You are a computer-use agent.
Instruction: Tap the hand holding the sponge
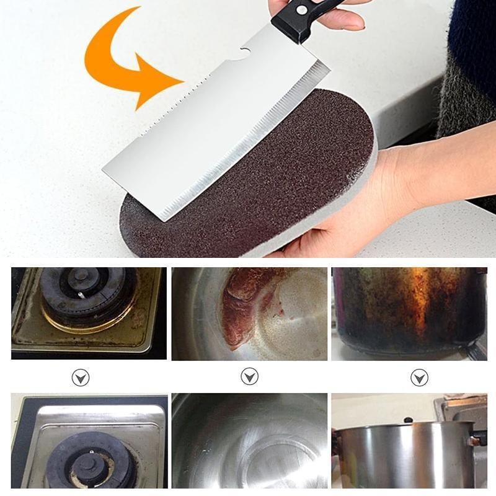point(372,198)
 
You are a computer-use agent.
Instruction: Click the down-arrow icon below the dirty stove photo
point(81,377)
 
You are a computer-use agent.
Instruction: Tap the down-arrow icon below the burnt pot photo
point(419,377)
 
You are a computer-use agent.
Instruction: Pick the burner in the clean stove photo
point(90,459)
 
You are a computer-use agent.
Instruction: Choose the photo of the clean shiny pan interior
point(249,440)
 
